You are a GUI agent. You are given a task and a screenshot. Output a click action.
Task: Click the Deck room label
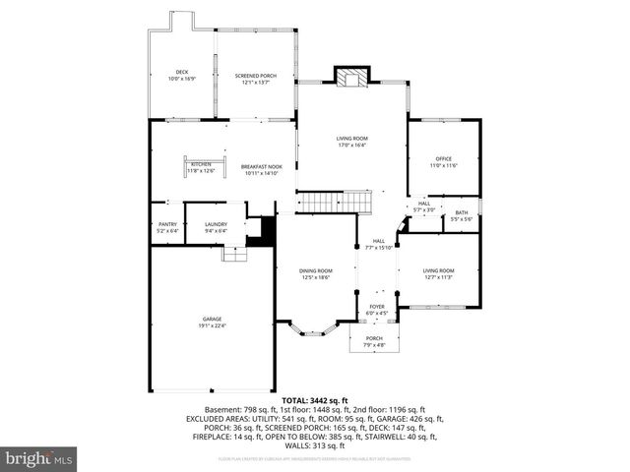coord(182,74)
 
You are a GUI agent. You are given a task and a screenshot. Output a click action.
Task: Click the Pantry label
coord(167,227)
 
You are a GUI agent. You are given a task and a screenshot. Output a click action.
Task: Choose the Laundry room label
coord(216,227)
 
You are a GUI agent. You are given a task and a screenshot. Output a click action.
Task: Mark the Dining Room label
coord(317,273)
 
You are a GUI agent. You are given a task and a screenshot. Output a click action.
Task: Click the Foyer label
coord(377,310)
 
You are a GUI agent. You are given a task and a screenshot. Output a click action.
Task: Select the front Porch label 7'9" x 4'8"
coord(375,341)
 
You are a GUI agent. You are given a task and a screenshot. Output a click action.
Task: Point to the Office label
coord(444,161)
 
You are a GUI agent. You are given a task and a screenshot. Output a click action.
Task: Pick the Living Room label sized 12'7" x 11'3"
coord(438,273)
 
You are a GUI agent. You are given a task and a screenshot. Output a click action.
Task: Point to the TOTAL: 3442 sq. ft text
coord(315,400)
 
